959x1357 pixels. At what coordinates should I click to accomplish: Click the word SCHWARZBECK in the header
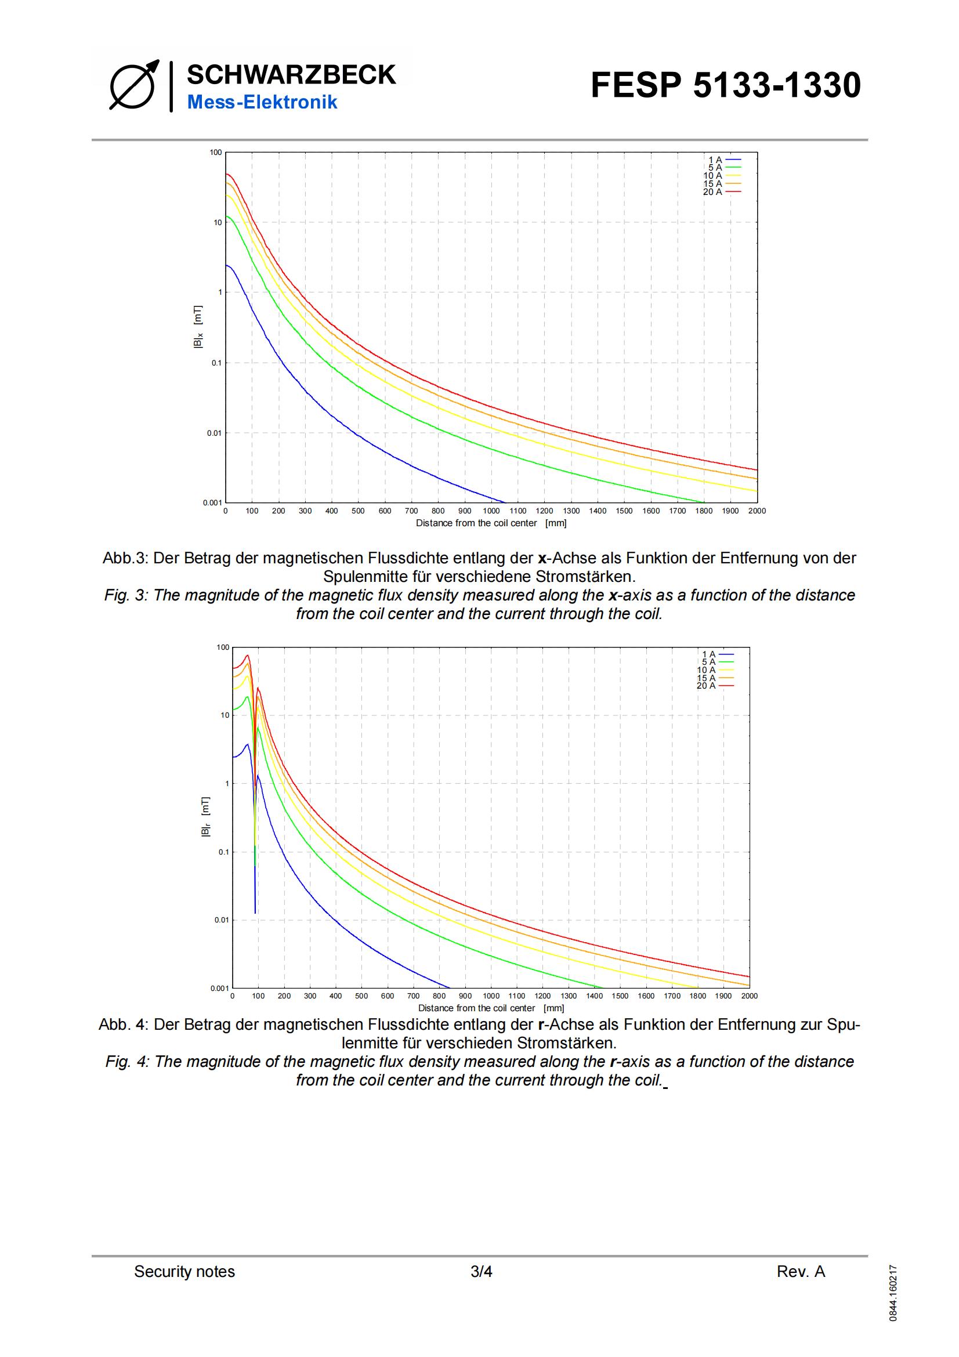(x=291, y=75)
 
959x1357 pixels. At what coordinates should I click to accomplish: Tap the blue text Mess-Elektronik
(x=262, y=102)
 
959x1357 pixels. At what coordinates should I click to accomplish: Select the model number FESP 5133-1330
(x=725, y=85)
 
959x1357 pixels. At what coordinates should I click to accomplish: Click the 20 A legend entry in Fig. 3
(x=722, y=192)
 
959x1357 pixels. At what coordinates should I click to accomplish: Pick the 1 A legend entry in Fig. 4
(x=717, y=654)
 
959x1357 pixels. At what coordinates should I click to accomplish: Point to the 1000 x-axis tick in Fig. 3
(x=491, y=511)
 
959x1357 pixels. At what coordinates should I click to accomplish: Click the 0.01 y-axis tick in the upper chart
(x=214, y=433)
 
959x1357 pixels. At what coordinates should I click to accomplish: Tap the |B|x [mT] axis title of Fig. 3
(x=198, y=327)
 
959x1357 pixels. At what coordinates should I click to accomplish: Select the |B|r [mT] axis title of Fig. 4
(x=205, y=817)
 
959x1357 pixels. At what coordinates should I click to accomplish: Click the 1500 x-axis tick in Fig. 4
(x=620, y=996)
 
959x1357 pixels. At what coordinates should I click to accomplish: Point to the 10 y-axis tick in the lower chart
(x=224, y=715)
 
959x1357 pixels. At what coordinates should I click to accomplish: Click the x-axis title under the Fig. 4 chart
(x=491, y=1008)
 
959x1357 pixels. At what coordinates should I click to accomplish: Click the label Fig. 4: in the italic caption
(x=127, y=1062)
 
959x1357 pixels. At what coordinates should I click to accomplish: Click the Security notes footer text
(x=184, y=1271)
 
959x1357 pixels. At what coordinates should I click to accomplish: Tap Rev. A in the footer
(x=801, y=1271)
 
